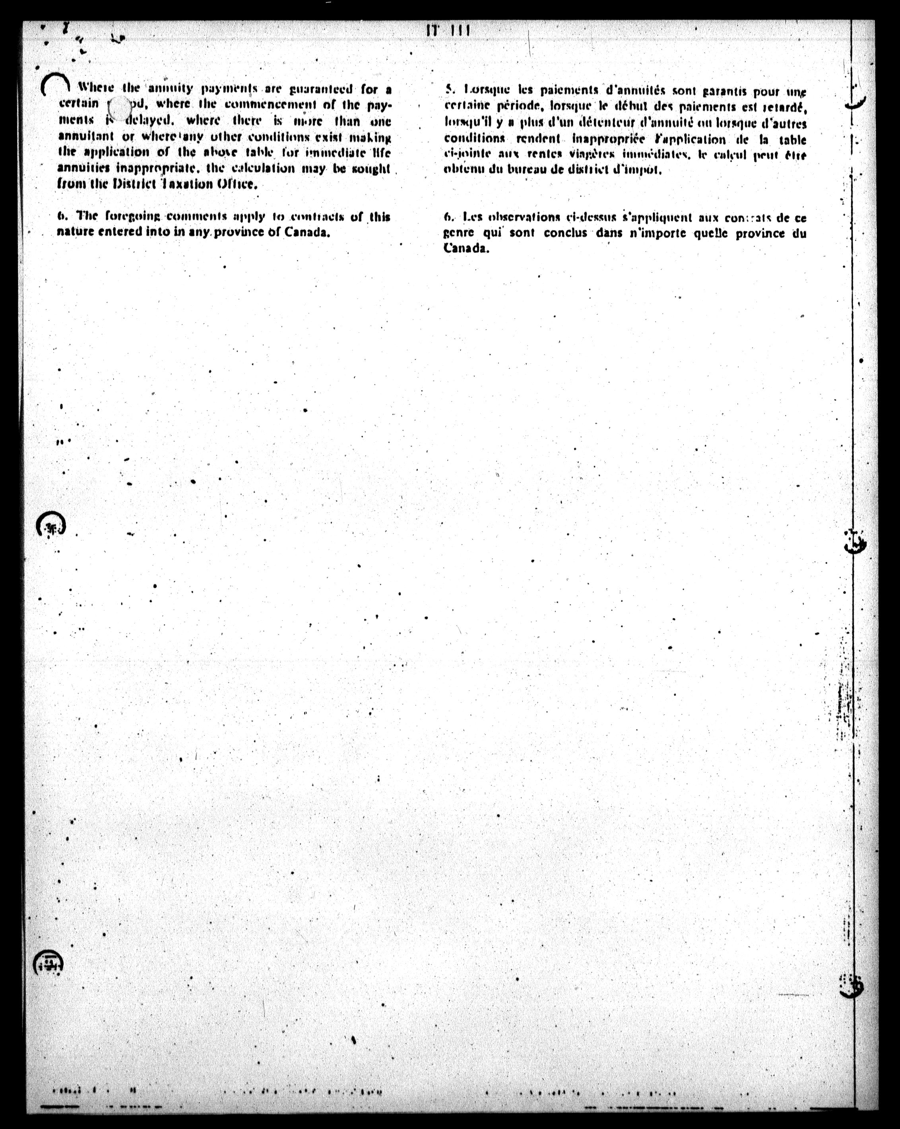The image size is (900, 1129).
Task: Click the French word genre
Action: click(459, 233)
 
